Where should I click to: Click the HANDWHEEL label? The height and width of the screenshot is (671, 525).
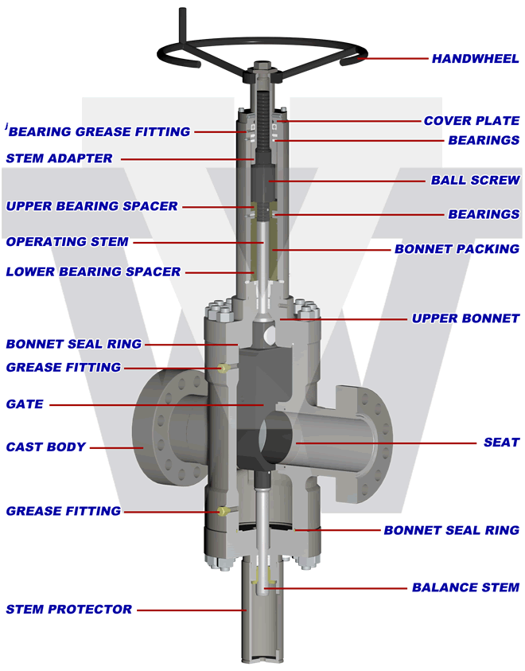point(475,59)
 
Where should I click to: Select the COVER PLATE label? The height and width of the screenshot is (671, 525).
point(471,121)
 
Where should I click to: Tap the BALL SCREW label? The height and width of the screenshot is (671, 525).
point(475,181)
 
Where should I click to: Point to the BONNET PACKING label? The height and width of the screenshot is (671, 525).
point(457,249)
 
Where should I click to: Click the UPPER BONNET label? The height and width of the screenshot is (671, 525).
point(465,318)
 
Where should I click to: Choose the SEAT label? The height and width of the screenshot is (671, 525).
point(501,442)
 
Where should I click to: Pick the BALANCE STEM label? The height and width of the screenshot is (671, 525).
point(465,588)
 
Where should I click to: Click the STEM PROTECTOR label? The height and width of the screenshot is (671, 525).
point(69,610)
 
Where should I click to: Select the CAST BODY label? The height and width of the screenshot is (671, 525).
point(45,447)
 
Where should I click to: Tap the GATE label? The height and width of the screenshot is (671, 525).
point(24,404)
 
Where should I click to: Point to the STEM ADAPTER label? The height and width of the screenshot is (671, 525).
point(59,158)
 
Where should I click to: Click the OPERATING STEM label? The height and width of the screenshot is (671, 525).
point(67,242)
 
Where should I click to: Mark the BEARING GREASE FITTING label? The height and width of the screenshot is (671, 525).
point(99,131)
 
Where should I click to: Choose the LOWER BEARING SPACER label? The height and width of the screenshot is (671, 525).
point(93,271)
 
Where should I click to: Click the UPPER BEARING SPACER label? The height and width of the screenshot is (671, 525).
point(91,206)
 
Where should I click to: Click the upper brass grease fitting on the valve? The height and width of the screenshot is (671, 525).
point(224,368)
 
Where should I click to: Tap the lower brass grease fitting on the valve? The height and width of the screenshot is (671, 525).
point(224,510)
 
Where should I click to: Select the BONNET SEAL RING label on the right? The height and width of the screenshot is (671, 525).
point(451,530)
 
